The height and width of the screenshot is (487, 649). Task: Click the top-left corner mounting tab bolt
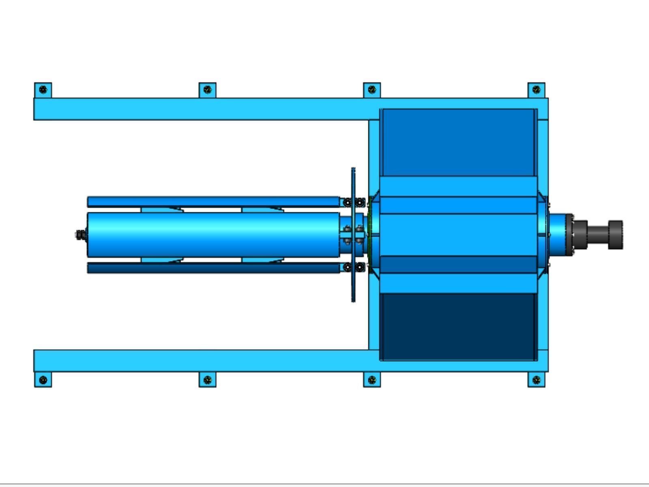click(x=43, y=90)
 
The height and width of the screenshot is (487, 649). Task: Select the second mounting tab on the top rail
click(x=207, y=90)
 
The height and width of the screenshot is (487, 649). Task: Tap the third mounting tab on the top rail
click(x=372, y=90)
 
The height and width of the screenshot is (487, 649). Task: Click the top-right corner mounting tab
click(x=536, y=90)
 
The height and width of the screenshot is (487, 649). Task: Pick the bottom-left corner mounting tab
click(x=43, y=380)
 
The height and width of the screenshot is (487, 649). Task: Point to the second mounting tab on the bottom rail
click(x=207, y=380)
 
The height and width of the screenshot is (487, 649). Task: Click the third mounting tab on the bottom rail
click(x=372, y=380)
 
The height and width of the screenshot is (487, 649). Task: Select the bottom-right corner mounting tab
click(x=536, y=380)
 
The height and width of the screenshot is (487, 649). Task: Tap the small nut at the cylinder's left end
click(x=80, y=235)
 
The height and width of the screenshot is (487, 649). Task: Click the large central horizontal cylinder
click(x=213, y=235)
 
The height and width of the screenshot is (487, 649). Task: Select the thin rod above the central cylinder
click(x=213, y=202)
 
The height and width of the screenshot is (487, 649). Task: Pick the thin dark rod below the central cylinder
click(x=213, y=267)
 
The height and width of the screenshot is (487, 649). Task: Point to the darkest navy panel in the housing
click(x=458, y=327)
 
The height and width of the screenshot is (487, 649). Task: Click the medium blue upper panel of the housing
click(x=458, y=142)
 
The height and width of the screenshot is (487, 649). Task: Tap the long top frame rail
click(x=203, y=109)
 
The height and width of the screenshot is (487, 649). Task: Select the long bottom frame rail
click(x=203, y=360)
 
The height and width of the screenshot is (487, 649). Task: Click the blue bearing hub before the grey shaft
click(x=560, y=235)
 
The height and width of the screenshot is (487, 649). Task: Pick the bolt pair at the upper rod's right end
click(x=353, y=202)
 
